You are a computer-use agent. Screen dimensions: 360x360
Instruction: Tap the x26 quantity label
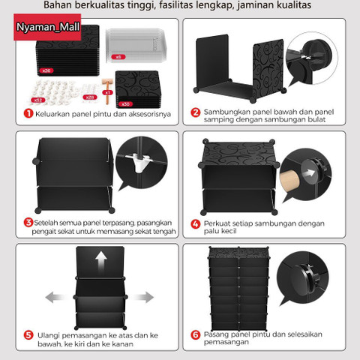coord(46,70)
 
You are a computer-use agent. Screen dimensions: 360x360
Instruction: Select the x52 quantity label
coord(37,99)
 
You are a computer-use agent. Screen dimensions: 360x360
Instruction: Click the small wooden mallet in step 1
coord(107,82)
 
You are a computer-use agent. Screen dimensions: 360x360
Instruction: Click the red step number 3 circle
coord(27,223)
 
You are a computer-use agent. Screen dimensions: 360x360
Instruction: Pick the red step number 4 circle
coord(195,223)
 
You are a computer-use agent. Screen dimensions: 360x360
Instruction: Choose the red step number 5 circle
coord(27,334)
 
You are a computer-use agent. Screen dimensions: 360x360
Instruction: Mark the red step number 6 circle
coord(195,334)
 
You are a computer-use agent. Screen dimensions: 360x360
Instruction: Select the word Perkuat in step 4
coord(218,223)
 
